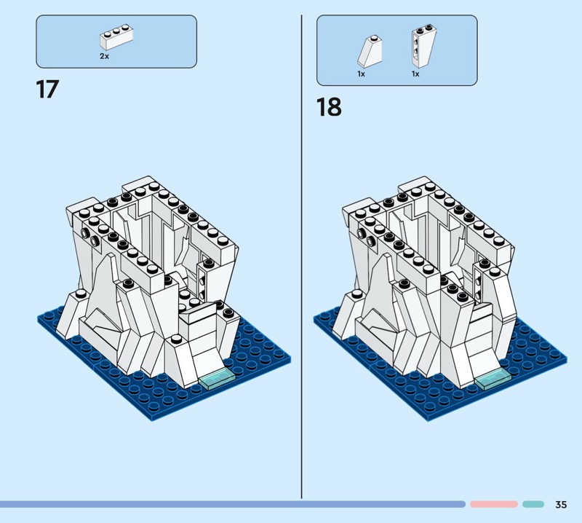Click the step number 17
47,90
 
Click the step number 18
329,107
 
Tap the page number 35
561,504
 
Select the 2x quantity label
104,56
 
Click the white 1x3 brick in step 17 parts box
116,37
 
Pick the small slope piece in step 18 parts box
370,51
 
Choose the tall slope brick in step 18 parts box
423,46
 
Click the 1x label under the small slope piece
361,74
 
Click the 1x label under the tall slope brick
415,74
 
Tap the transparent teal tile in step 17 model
217,380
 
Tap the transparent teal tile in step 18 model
493,380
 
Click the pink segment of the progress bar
494,504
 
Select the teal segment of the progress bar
533,504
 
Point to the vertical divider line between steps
301,256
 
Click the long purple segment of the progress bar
233,504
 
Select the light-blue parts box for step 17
116,42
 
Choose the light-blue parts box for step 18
396,50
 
